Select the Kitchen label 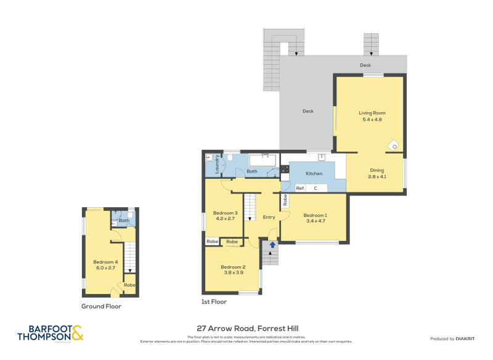point(314,174)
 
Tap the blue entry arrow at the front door point(272,245)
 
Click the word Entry point(269,217)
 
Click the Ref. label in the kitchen point(301,188)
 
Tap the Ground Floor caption point(101,306)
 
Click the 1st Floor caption point(214,302)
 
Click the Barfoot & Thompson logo point(49,333)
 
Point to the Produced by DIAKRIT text point(455,339)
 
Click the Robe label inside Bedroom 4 point(129,285)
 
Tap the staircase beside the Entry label point(250,207)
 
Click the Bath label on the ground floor point(124,220)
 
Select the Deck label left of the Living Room point(308,111)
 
